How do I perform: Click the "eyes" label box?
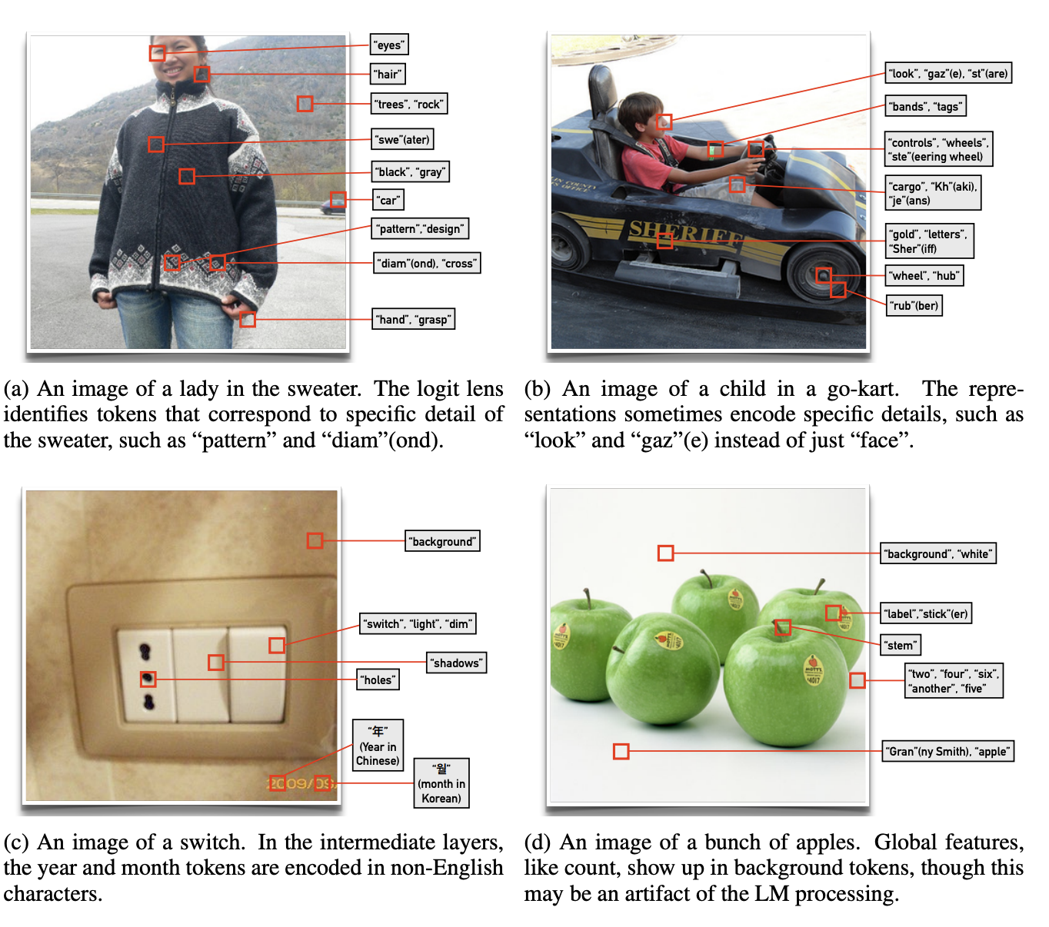coord(389,45)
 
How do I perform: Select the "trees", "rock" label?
coord(409,104)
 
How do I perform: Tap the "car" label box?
coord(388,200)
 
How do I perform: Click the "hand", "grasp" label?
coord(414,319)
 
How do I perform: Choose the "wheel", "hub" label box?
coord(924,275)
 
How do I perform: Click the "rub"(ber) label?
coord(914,305)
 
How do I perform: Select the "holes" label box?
coord(378,679)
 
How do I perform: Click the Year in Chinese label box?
coord(378,746)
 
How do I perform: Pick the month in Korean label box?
coord(441,783)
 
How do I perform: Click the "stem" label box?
coord(901,645)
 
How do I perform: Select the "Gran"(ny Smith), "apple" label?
coord(948,751)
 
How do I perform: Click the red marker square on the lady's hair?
coord(202,74)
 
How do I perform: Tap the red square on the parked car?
coord(338,200)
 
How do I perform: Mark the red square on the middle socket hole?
coord(148,679)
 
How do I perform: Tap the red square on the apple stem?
coord(783,627)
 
